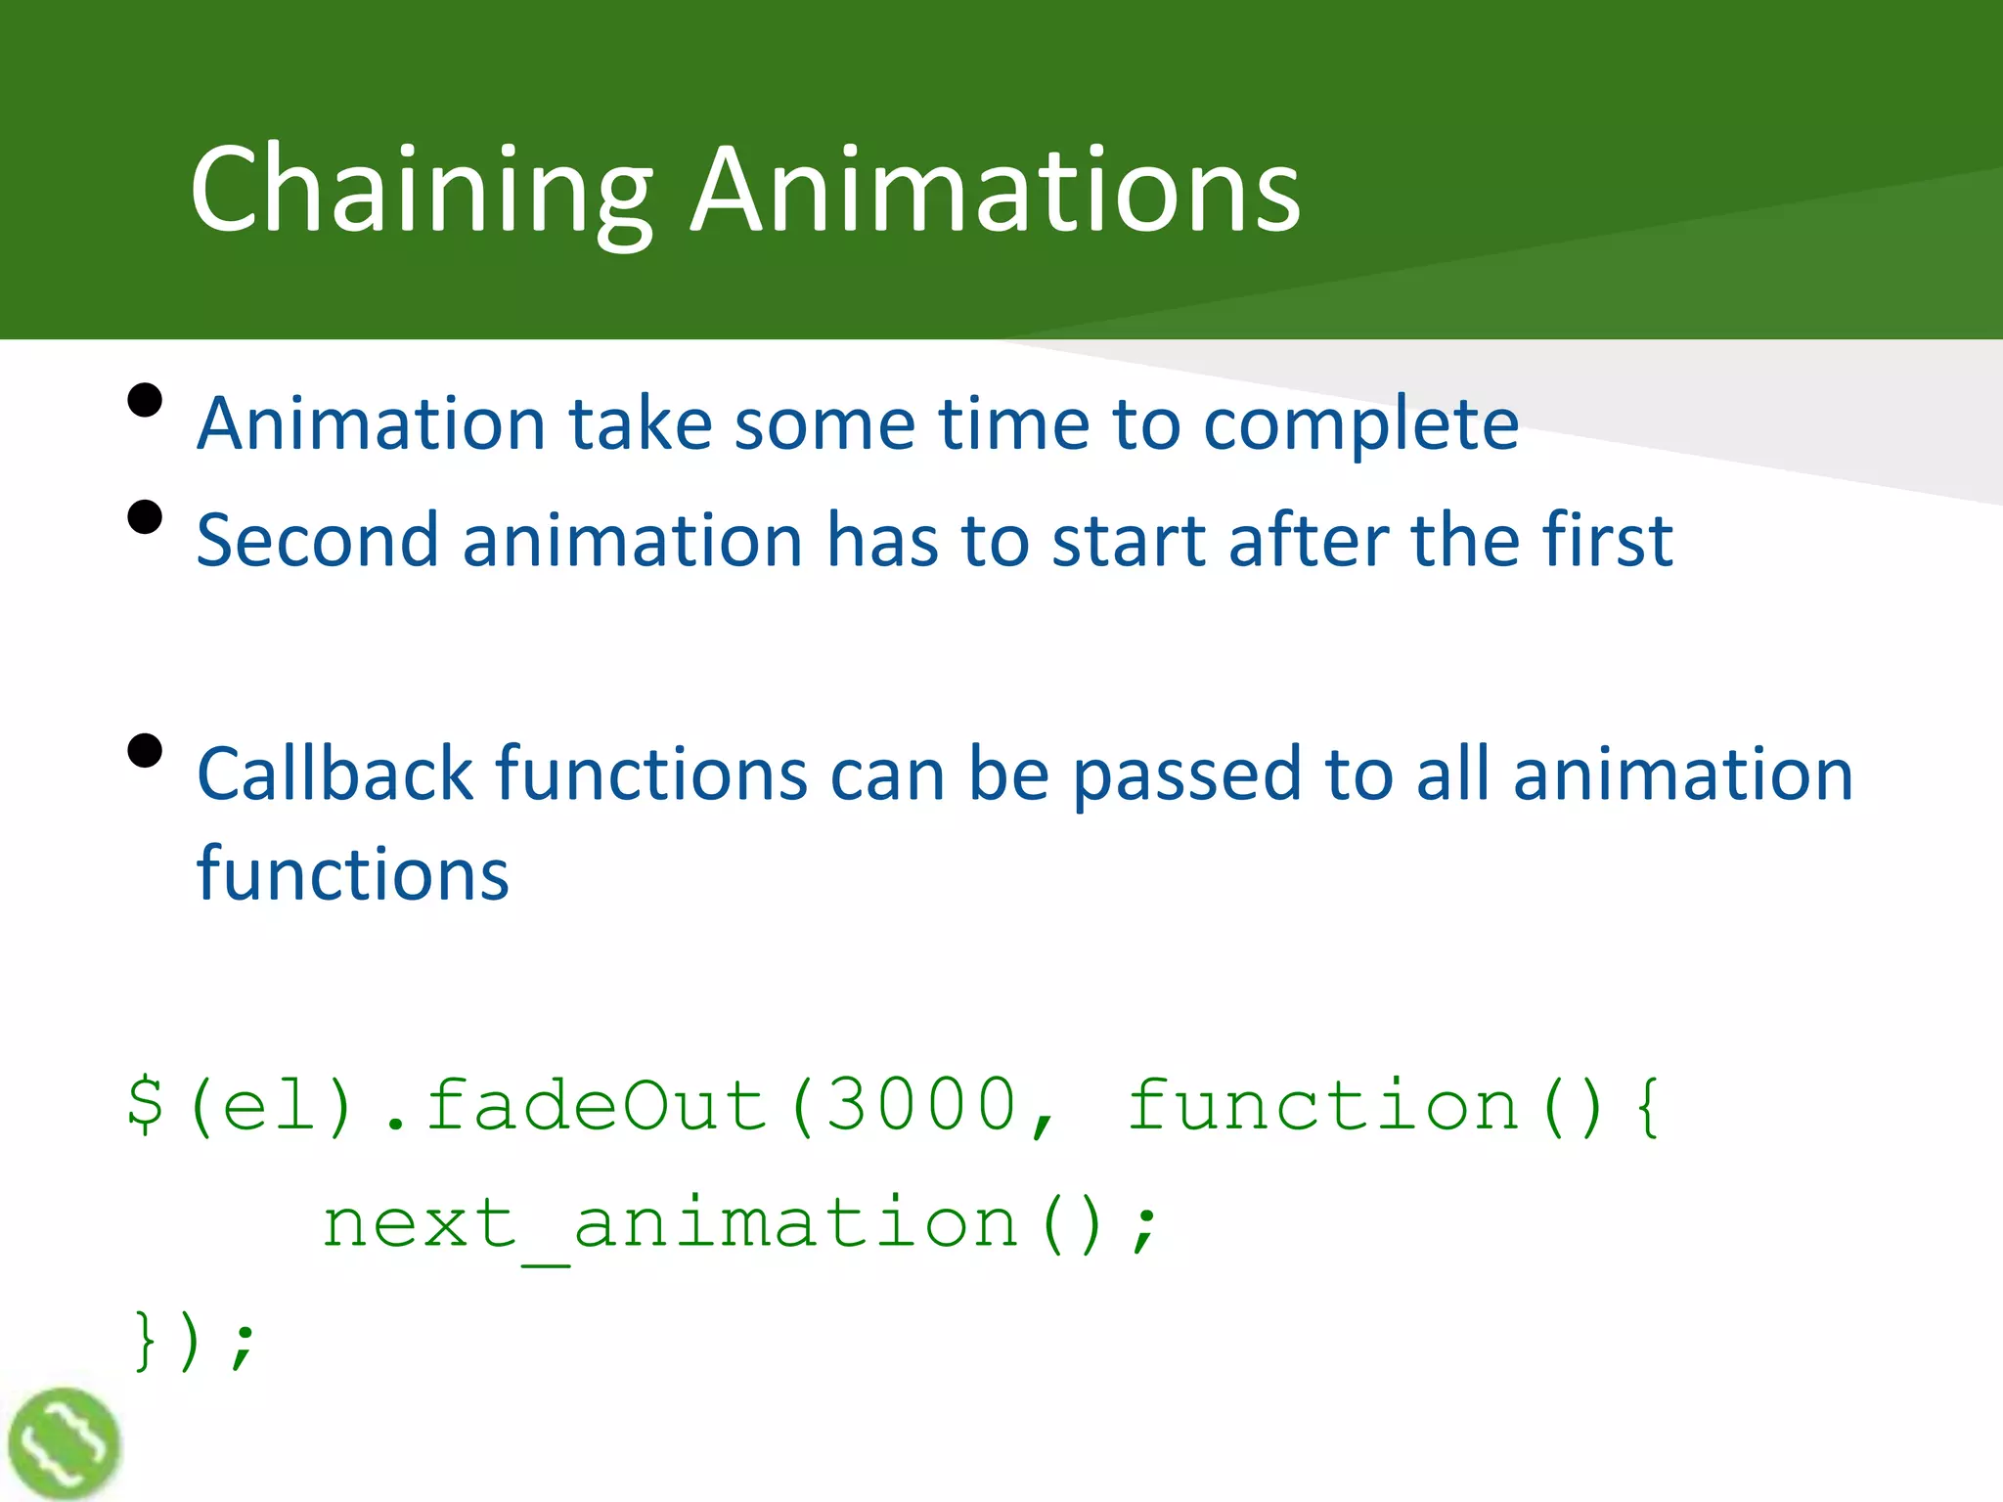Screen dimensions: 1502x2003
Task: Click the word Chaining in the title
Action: pos(421,191)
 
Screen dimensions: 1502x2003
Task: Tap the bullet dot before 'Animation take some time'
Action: pos(145,401)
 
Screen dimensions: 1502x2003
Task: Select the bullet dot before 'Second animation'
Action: pos(145,517)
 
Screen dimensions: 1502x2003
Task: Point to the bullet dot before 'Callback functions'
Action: pos(145,751)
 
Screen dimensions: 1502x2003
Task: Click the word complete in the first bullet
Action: pos(1360,426)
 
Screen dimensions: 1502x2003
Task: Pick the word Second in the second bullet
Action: pos(317,541)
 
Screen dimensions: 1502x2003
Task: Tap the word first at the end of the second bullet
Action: pos(1608,540)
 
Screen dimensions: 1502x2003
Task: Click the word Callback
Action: pos(334,773)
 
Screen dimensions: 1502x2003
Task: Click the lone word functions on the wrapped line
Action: pos(352,873)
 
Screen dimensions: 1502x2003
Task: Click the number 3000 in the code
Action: pos(921,1105)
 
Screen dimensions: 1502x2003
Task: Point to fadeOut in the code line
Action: pos(597,1105)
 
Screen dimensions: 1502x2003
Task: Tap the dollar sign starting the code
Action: pos(146,1105)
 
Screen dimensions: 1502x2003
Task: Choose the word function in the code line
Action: pos(1323,1105)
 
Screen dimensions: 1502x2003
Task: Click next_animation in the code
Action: pos(671,1224)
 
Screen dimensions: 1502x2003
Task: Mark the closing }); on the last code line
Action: pos(194,1342)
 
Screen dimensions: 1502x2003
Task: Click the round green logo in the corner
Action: pos(64,1443)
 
